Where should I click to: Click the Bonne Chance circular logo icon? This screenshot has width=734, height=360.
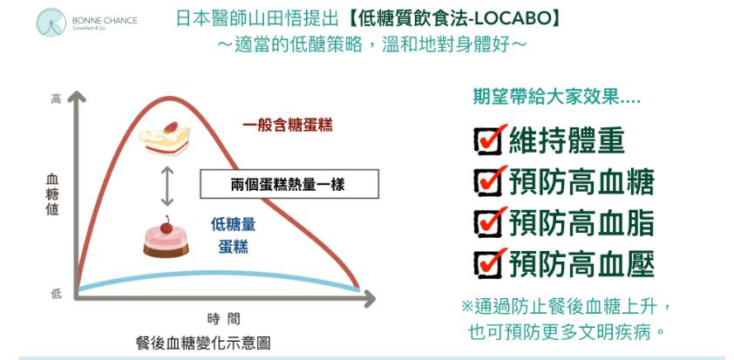point(51,22)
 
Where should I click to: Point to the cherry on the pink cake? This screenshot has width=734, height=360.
point(167,226)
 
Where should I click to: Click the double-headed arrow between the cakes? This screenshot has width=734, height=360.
point(167,187)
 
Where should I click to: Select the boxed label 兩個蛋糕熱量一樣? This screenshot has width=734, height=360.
point(289,184)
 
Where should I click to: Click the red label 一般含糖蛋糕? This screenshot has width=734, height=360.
point(288,126)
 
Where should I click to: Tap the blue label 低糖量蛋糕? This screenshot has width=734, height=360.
point(233,235)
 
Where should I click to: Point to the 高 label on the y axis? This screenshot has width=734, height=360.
point(56,98)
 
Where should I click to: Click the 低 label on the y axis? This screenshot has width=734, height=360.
point(56,294)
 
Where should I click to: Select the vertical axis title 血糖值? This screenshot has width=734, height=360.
point(52,194)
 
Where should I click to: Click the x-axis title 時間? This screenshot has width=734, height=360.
point(224,319)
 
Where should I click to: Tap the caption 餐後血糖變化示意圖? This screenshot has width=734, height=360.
point(203,343)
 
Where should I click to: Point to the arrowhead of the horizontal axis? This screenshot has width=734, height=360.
point(369,298)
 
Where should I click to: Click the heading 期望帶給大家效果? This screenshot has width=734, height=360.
point(556,98)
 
